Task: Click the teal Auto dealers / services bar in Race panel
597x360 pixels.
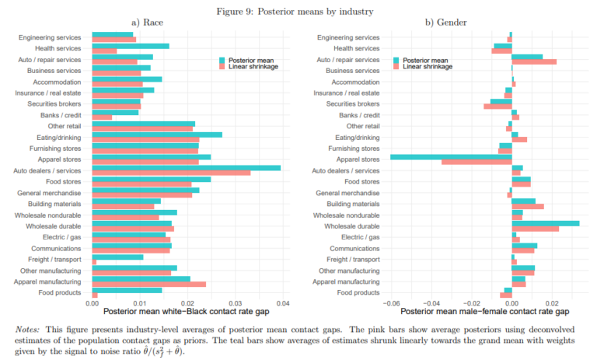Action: [186, 167]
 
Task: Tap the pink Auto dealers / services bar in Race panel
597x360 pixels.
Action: [171, 173]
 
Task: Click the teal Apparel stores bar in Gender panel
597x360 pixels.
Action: [451, 156]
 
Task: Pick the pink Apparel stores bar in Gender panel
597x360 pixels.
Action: [477, 162]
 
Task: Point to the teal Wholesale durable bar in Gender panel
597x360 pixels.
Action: [545, 223]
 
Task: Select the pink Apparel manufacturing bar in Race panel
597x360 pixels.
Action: [148, 284]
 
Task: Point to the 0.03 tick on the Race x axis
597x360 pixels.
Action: [235, 303]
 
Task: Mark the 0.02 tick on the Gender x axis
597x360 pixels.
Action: [553, 303]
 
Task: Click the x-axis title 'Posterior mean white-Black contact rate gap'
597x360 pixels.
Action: [187, 313]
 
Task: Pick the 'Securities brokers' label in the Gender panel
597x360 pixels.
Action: [353, 103]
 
